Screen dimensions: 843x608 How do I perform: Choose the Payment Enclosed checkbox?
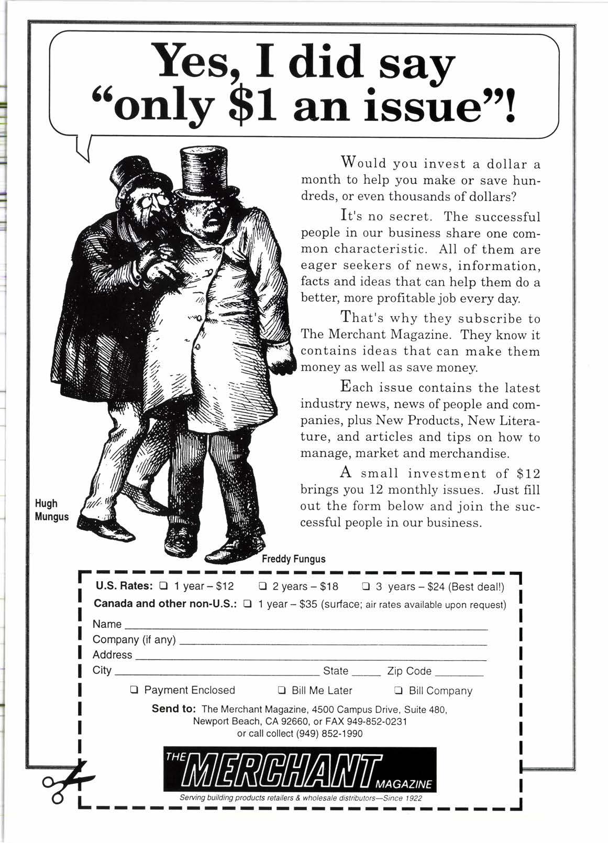pos(134,691)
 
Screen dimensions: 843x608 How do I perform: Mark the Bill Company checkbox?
pos(399,691)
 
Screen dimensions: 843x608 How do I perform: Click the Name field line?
pos(306,627)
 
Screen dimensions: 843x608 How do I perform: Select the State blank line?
pos(366,673)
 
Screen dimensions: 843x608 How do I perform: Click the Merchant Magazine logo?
pos(300,769)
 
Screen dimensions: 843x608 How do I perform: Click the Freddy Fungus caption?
pos(293,559)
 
